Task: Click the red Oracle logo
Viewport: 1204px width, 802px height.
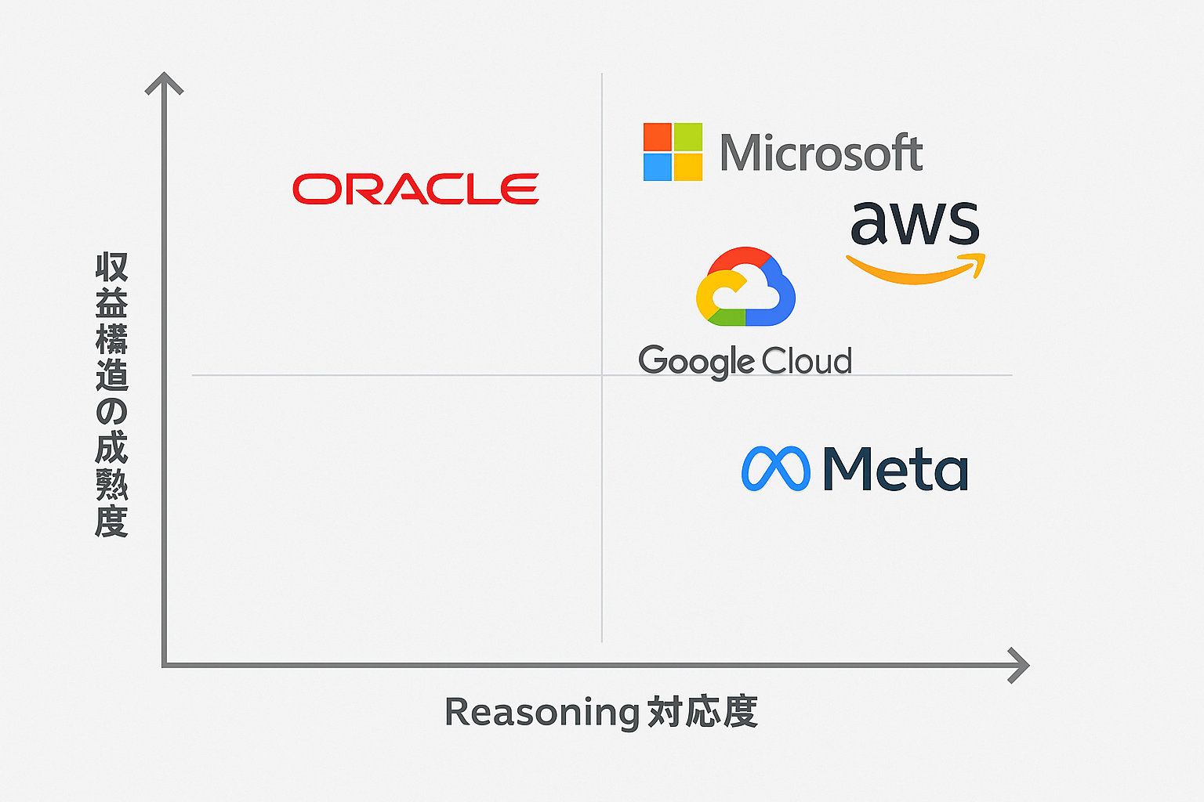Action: coord(415,189)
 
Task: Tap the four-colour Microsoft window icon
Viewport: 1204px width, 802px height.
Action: coord(673,152)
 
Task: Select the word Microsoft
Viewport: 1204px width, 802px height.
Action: coord(821,153)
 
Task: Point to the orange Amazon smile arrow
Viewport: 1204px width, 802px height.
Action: coord(916,269)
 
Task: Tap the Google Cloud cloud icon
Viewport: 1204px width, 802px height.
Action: coord(745,287)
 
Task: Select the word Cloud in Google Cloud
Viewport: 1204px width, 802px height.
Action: coord(807,361)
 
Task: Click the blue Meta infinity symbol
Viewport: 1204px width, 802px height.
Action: coord(775,469)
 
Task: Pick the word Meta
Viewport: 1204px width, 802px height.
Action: coord(895,469)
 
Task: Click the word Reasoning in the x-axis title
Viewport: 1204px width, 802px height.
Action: coord(542,712)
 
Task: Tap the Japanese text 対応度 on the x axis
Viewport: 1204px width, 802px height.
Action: coord(702,712)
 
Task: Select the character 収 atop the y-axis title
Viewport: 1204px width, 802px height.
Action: coord(111,268)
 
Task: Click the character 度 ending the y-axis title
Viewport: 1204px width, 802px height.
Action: coord(111,521)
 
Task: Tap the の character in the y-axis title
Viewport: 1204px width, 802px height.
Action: coord(111,412)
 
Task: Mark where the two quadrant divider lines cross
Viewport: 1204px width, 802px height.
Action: coord(602,375)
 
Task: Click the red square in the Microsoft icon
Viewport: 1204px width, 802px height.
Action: coord(658,137)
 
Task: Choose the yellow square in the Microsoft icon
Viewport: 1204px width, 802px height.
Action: coord(687,167)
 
